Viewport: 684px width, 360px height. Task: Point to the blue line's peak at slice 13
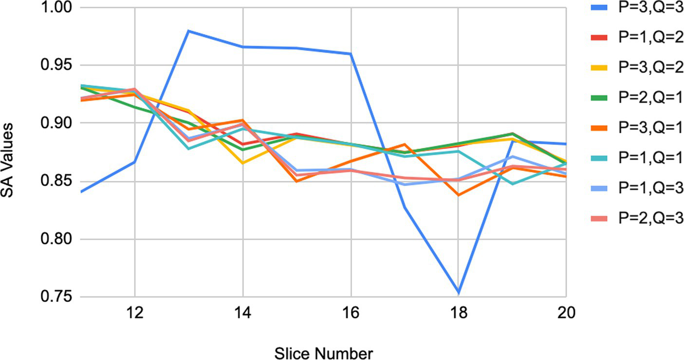tap(188, 31)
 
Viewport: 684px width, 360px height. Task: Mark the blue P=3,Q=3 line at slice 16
tap(351, 54)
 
